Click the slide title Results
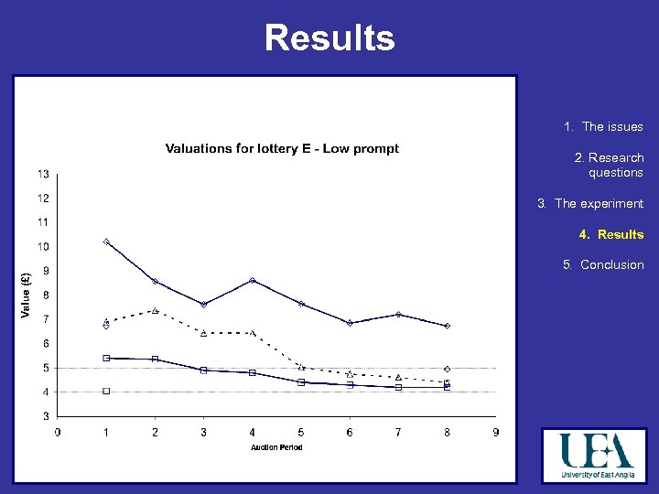tap(329, 38)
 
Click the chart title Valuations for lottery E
tap(282, 149)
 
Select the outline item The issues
tap(611, 127)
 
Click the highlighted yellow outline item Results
tap(610, 235)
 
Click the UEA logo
tap(598, 455)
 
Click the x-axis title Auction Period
tap(276, 447)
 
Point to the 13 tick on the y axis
tap(44, 174)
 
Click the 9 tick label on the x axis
tap(496, 432)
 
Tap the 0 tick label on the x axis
tap(59, 432)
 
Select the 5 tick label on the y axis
tap(46, 368)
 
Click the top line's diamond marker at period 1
tap(106, 242)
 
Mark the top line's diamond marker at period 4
tap(253, 280)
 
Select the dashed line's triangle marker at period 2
tap(155, 311)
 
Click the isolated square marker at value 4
tap(106, 392)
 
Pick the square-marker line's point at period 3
tap(203, 370)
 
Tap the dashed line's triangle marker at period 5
tap(301, 367)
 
